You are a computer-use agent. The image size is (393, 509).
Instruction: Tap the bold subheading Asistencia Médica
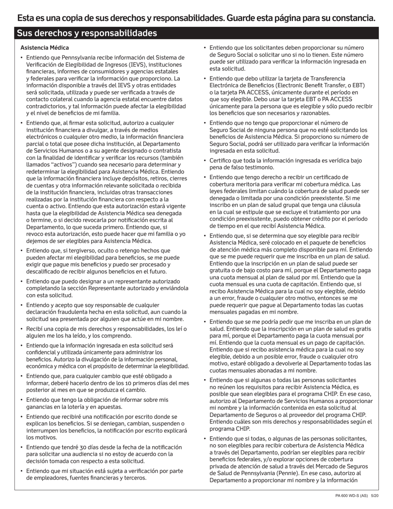(x=45, y=48)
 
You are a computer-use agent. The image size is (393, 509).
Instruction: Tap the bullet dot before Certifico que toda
(x=204, y=160)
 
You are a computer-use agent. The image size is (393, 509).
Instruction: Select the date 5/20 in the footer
(x=375, y=496)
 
